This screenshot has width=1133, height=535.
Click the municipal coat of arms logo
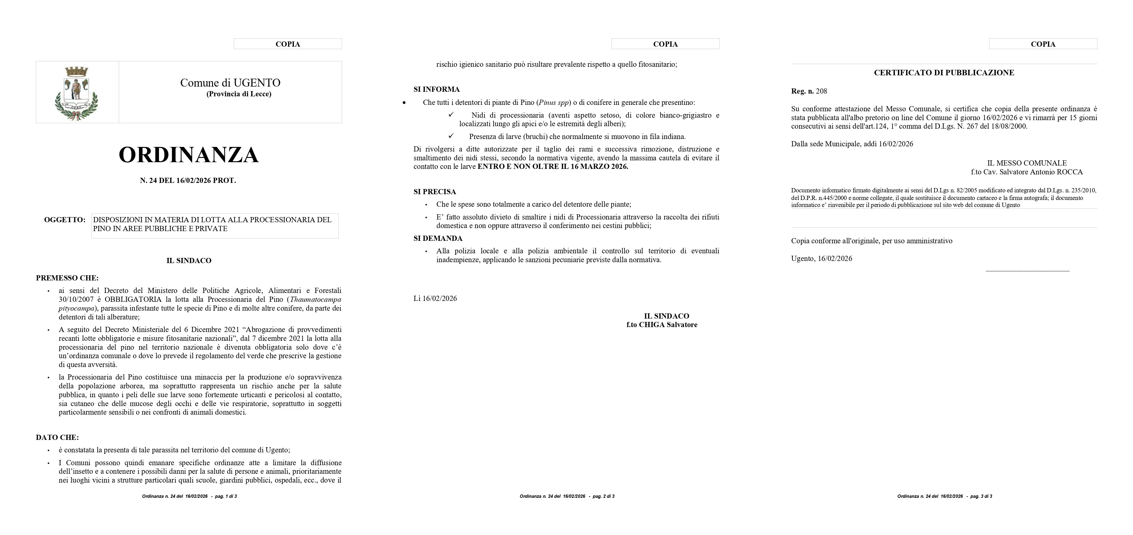click(x=77, y=92)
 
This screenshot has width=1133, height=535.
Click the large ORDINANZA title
click(x=189, y=155)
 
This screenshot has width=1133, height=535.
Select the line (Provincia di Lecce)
click(x=239, y=94)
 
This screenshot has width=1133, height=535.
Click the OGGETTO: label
click(x=65, y=220)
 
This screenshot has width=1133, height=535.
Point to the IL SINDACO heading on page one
click(x=189, y=261)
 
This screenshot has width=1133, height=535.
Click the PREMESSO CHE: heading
click(x=67, y=278)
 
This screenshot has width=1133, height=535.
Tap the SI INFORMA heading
click(x=436, y=89)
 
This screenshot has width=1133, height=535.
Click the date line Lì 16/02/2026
click(x=435, y=298)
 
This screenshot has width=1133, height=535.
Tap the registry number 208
click(x=821, y=91)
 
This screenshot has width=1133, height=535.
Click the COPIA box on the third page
click(x=1043, y=44)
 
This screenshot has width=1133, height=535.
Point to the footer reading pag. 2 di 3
click(x=603, y=496)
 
